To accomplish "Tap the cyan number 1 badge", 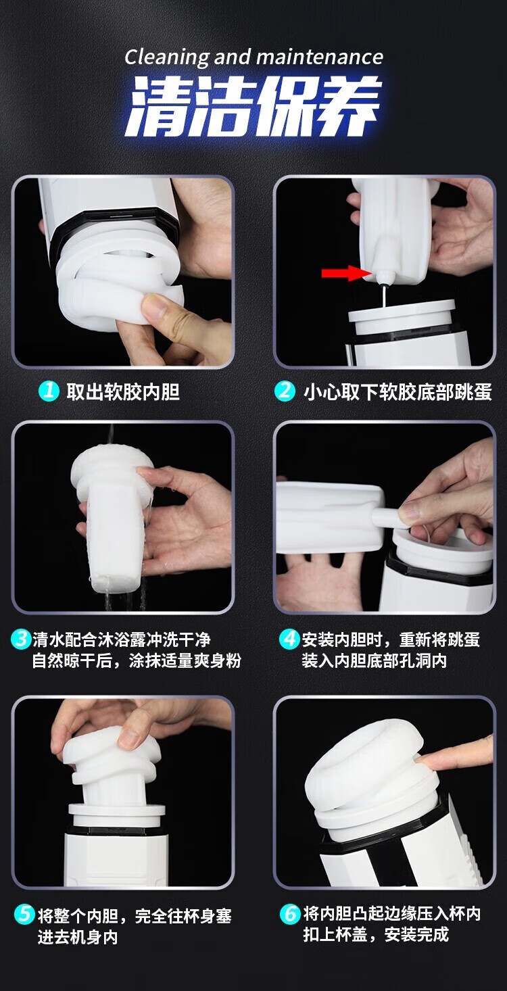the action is [49, 391].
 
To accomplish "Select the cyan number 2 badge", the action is [285, 391].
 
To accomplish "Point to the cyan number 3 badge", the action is [21, 639].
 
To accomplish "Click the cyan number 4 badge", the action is [289, 639].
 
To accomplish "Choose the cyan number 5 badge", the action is [24, 915].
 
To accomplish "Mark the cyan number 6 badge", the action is [290, 914].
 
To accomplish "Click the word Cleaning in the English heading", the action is [167, 57].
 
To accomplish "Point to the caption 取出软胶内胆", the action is [123, 392].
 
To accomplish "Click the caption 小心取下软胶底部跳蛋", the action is [397, 392].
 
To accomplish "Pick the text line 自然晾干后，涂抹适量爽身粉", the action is [137, 661].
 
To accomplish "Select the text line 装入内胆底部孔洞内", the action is [375, 661].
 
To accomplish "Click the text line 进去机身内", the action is [78, 937].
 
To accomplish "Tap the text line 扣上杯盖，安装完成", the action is [376, 934].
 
